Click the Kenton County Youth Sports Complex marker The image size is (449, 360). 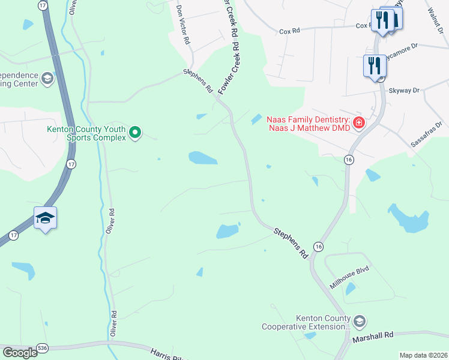[x=136, y=132]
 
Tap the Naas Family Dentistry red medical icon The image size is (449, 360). [x=359, y=123]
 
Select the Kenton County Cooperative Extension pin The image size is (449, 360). [x=360, y=321]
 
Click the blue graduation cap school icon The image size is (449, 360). [x=45, y=218]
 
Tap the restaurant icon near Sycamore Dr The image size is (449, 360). [x=374, y=65]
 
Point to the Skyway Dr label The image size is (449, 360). [x=403, y=90]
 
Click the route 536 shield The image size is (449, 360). [x=41, y=347]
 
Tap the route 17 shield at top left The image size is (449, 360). [x=42, y=5]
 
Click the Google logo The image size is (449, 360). [x=20, y=353]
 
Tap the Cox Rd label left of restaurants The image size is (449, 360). [x=288, y=32]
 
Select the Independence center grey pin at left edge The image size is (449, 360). [x=47, y=78]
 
